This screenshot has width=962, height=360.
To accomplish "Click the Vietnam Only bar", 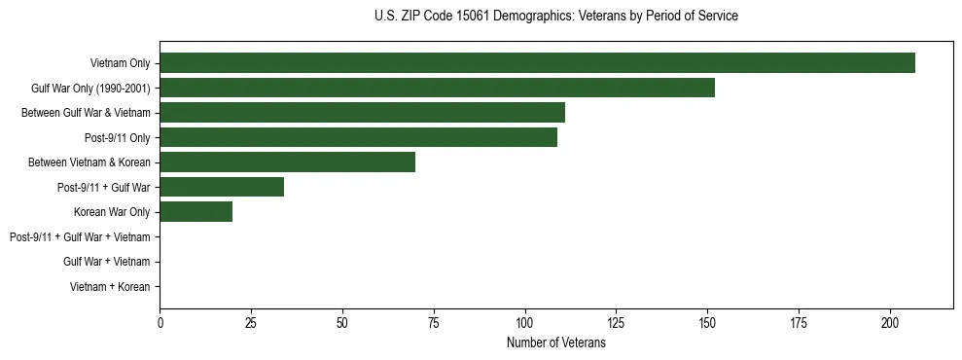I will coord(537,63).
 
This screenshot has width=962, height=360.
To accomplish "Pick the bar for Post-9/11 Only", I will coord(358,137).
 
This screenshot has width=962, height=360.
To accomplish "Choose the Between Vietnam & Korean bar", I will coord(287,162).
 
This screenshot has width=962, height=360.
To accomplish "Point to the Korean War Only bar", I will coord(196,212).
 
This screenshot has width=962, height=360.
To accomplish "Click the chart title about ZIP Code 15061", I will coord(555,17).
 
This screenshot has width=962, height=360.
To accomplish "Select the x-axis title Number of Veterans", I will coord(555,343).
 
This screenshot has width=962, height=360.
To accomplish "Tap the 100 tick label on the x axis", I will coord(525,323).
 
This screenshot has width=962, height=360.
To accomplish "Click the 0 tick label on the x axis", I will coord(160,323).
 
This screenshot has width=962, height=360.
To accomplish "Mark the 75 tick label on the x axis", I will coord(434,323).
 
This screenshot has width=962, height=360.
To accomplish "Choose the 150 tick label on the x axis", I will coord(707,323).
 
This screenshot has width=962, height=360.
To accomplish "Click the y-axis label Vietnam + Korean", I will coord(110,287).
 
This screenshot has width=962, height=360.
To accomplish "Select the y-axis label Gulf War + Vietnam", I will coord(106,262).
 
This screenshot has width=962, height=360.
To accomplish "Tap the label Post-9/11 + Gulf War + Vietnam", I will coord(80,237).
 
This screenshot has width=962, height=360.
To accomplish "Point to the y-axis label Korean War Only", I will coord(112,212).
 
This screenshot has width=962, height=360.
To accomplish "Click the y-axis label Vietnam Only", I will coord(120,63).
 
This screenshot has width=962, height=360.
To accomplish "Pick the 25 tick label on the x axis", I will coord(251,323).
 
